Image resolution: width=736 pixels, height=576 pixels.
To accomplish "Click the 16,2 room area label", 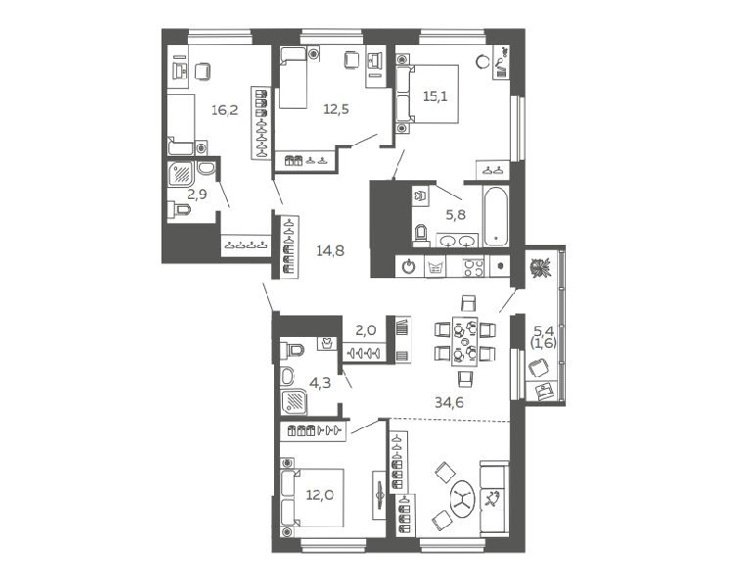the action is (225, 111).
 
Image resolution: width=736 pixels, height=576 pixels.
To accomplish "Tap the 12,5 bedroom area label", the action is (336, 110).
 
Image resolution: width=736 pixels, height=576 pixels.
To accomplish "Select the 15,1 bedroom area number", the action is (436, 96).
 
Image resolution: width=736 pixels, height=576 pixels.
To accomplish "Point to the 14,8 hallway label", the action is (330, 251).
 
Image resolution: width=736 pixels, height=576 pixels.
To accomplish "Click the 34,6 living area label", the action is (448, 403).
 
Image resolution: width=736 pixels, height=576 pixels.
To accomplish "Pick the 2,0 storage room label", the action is (366, 331).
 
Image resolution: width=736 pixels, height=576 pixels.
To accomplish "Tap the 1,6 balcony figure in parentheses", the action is (543, 344).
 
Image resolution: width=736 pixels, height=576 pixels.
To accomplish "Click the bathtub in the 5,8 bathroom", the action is (495, 216).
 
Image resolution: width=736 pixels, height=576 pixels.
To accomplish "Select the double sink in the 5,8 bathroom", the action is (457, 241).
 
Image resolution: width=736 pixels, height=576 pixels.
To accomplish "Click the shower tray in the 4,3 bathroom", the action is (295, 402).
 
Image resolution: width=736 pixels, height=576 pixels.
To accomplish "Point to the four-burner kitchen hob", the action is (473, 267).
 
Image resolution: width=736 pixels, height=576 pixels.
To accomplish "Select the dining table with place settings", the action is (465, 341).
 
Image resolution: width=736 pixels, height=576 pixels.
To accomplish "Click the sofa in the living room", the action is (494, 498).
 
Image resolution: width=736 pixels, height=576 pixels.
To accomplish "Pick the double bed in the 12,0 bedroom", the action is (311, 498).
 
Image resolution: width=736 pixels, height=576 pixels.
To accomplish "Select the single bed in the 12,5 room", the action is (293, 77).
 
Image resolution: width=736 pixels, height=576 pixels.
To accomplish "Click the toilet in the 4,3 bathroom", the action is (292, 350).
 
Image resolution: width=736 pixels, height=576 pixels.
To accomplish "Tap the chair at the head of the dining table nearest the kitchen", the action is (469, 303).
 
